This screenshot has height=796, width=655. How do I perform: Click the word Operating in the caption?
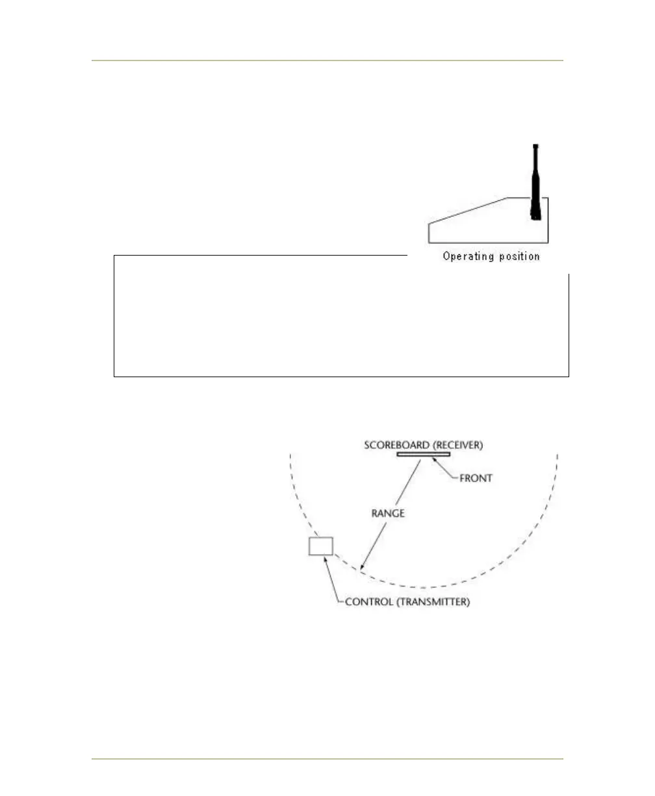point(467,256)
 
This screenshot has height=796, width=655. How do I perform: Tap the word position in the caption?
point(517,256)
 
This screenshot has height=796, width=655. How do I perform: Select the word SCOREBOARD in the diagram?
point(397,445)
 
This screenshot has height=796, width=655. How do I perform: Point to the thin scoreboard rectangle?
point(424,454)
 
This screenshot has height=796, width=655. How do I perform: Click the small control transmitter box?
point(320,546)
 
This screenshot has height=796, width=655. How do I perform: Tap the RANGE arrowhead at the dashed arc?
point(363,568)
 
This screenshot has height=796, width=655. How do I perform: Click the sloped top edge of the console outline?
point(468,210)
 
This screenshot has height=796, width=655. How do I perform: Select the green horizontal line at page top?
point(327,61)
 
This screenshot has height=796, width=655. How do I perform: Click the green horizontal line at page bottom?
point(327,758)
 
